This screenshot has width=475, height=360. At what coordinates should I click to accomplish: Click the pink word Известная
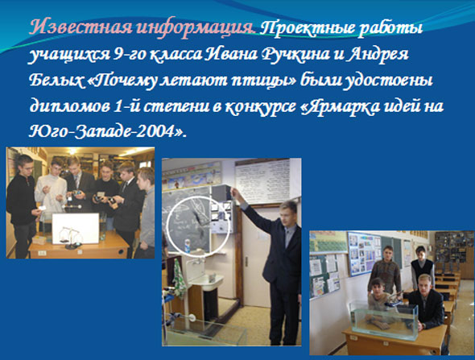[81, 28]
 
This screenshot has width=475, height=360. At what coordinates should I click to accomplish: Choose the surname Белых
[56, 81]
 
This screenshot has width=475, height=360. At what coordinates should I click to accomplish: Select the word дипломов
[70, 107]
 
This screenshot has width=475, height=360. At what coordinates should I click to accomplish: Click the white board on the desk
[76, 228]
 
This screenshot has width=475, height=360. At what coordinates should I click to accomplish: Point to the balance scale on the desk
[71, 238]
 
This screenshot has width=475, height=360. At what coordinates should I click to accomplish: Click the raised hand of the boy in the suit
[233, 191]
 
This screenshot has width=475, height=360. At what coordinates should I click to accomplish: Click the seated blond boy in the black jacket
[424, 303]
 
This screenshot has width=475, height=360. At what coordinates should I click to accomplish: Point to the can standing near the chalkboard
[187, 246]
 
